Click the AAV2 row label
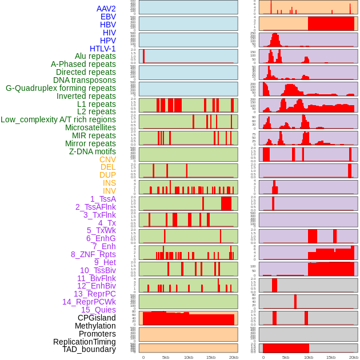pos(106,9)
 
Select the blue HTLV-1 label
pos(102,49)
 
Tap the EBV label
pos(108,17)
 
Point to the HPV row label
pos(107,41)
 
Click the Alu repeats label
pos(95,56)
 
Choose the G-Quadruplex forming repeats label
pos(61,88)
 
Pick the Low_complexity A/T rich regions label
pos(58,119)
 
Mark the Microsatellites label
pos(90,127)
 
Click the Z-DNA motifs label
pos(92,151)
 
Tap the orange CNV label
pos(107,159)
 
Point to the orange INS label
pos(109,183)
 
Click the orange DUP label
pos(107,175)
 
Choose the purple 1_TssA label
pos(103,199)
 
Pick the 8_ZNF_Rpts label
pos(93,254)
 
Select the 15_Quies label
pos(98,310)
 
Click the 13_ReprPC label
pos(94,294)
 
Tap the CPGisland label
pos(97,318)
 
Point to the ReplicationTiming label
pos(84,342)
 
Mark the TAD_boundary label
pos(89,349)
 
